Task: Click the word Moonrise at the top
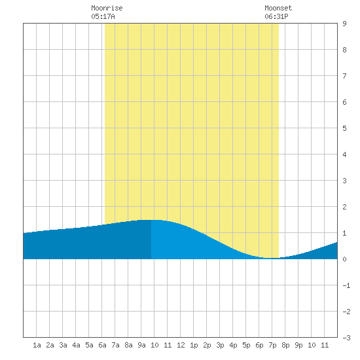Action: [107, 8]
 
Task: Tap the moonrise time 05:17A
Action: [103, 16]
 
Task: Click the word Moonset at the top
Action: [278, 8]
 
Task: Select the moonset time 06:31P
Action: [276, 16]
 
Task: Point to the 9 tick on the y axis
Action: [344, 24]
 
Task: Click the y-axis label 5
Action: [344, 128]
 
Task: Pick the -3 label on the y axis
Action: [346, 338]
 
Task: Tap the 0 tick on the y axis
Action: [344, 259]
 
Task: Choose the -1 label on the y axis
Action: [346, 285]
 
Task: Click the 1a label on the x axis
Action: [37, 345]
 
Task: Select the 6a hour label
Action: [102, 345]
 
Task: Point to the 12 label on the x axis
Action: [181, 345]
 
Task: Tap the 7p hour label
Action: [272, 345]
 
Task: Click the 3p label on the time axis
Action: [220, 345]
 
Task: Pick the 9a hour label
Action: [141, 345]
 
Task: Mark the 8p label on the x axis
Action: [285, 345]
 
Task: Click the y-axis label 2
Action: [344, 207]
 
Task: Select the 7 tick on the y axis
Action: [344, 76]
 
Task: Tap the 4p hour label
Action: [233, 345]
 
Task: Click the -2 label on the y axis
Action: [346, 312]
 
